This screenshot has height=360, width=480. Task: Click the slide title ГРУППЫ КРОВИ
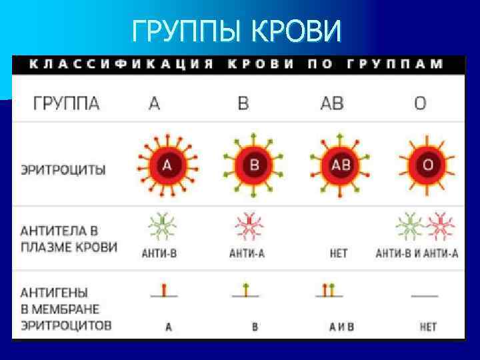click(237, 29)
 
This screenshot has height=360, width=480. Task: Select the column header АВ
click(332, 103)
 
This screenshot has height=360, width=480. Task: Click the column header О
click(420, 103)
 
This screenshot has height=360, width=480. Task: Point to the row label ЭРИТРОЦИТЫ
click(63, 169)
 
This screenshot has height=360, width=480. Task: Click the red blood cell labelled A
click(167, 164)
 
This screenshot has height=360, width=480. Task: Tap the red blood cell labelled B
click(253, 164)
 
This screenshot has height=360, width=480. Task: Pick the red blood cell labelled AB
click(340, 164)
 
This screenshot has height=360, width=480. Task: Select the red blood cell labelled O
click(427, 164)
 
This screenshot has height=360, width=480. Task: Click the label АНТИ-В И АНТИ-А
click(417, 253)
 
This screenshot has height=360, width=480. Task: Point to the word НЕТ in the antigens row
click(428, 327)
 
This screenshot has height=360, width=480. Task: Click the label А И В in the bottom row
click(341, 327)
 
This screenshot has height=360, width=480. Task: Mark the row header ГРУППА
click(67, 103)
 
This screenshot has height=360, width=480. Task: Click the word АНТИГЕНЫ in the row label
click(54, 293)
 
